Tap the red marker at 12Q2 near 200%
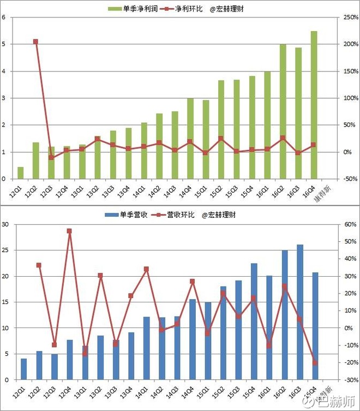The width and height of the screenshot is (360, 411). point(35,41)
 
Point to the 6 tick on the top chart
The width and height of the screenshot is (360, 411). point(4,17)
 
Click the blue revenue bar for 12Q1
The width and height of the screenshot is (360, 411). point(23,369)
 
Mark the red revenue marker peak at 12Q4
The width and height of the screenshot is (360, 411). point(69,231)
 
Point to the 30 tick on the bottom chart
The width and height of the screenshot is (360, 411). point(5,224)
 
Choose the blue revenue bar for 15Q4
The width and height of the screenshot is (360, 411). point(254,321)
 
